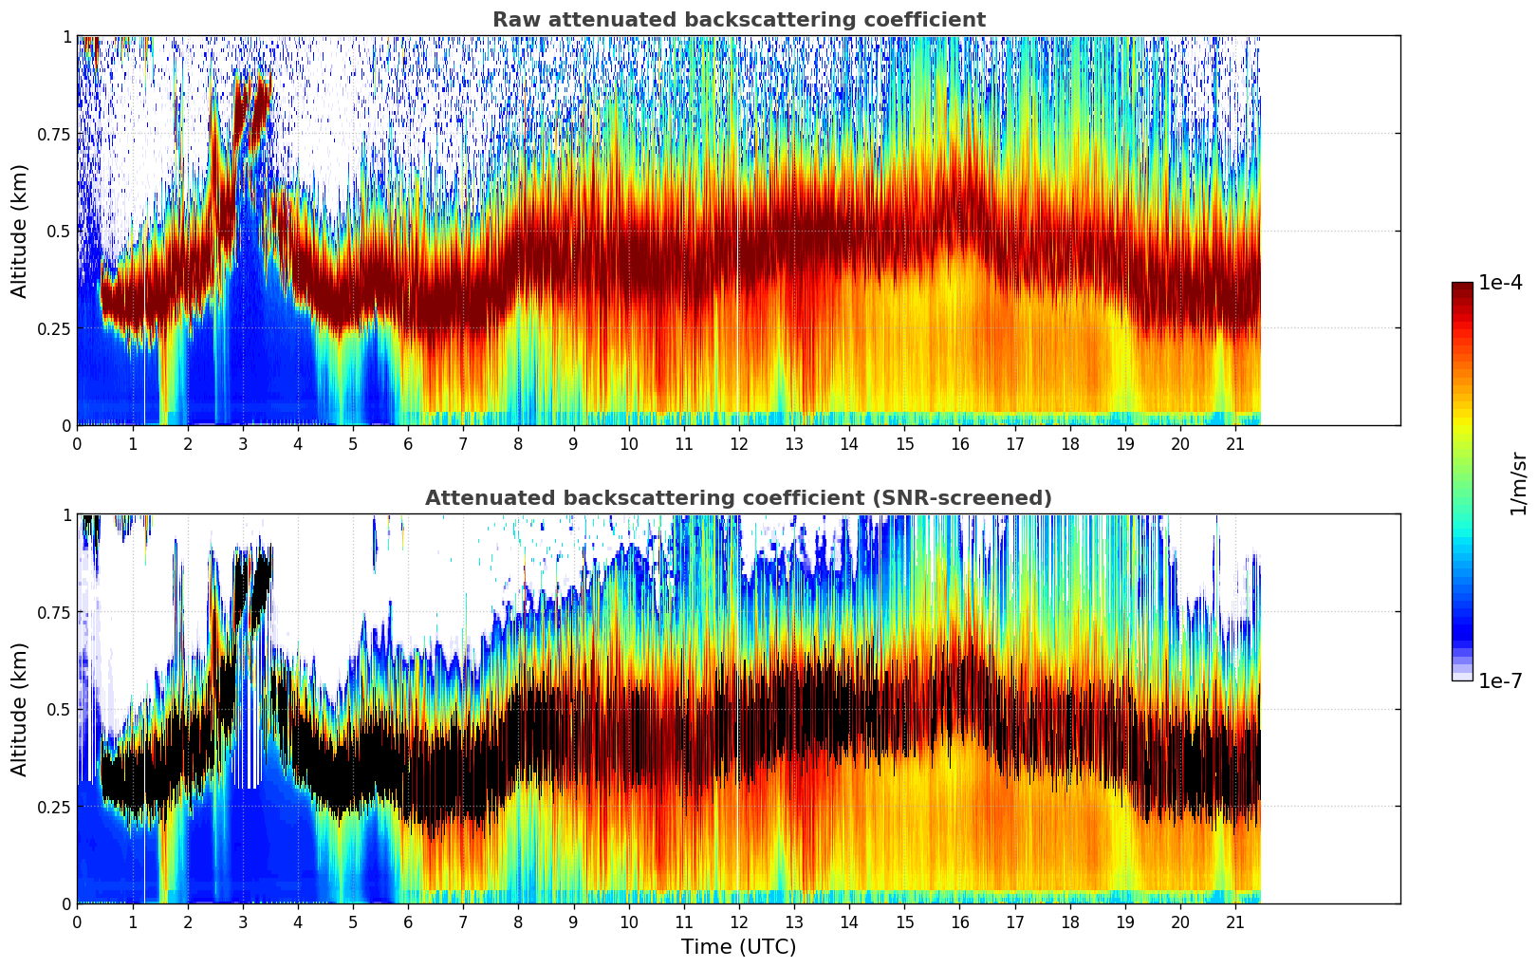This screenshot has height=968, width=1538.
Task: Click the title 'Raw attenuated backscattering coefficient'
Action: point(738,20)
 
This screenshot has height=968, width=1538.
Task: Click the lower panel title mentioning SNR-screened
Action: point(738,498)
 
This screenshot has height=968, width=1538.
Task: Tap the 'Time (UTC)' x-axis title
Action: point(738,947)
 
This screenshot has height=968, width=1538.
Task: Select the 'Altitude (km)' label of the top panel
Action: point(20,231)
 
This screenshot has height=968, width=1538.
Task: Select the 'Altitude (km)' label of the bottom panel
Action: point(20,709)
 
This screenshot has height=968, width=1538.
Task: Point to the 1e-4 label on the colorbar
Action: point(1500,283)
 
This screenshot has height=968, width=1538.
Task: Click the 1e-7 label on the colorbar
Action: point(1500,680)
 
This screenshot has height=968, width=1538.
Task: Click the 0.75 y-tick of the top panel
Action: point(53,135)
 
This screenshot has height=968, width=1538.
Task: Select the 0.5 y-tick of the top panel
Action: point(59,232)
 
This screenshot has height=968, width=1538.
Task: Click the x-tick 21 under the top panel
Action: point(1235,444)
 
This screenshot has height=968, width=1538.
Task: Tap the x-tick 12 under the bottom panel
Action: point(739,922)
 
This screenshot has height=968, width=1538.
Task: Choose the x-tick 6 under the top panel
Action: point(408,444)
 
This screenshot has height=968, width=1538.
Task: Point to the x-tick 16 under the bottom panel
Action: point(960,922)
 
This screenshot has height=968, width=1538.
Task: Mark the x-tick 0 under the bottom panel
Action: point(77,922)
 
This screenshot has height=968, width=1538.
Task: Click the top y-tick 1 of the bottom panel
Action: point(66,515)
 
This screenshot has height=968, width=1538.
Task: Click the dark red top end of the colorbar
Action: point(1462,287)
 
